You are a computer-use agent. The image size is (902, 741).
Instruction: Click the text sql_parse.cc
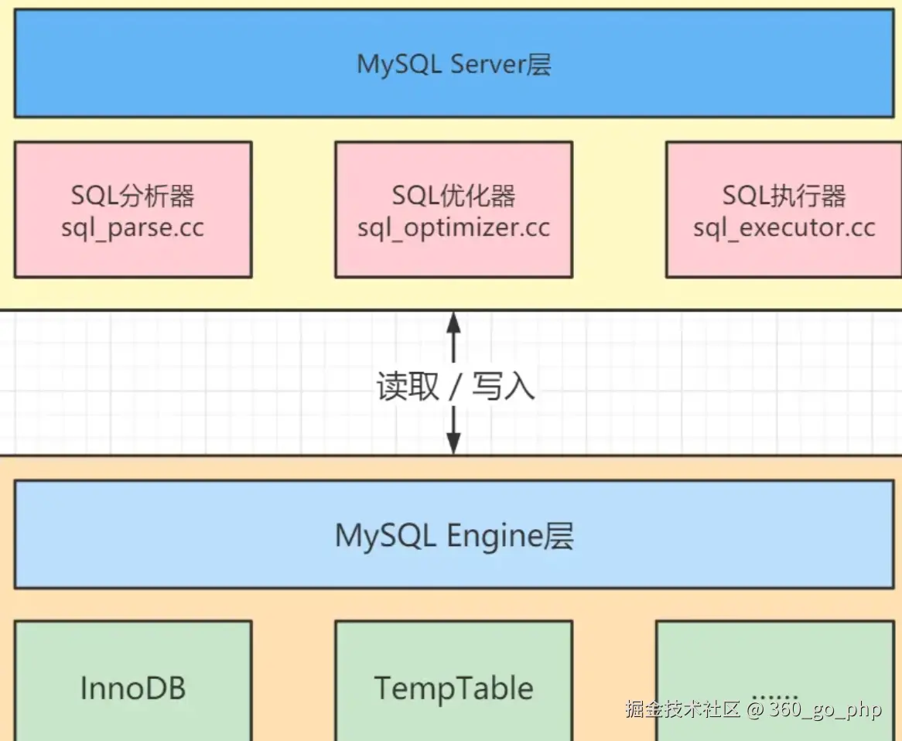click(x=133, y=228)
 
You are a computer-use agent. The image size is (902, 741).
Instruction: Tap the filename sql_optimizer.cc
click(x=453, y=228)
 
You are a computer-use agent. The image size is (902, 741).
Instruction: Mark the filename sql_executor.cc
click(x=784, y=228)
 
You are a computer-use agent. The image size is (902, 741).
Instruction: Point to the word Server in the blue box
click(x=488, y=64)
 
